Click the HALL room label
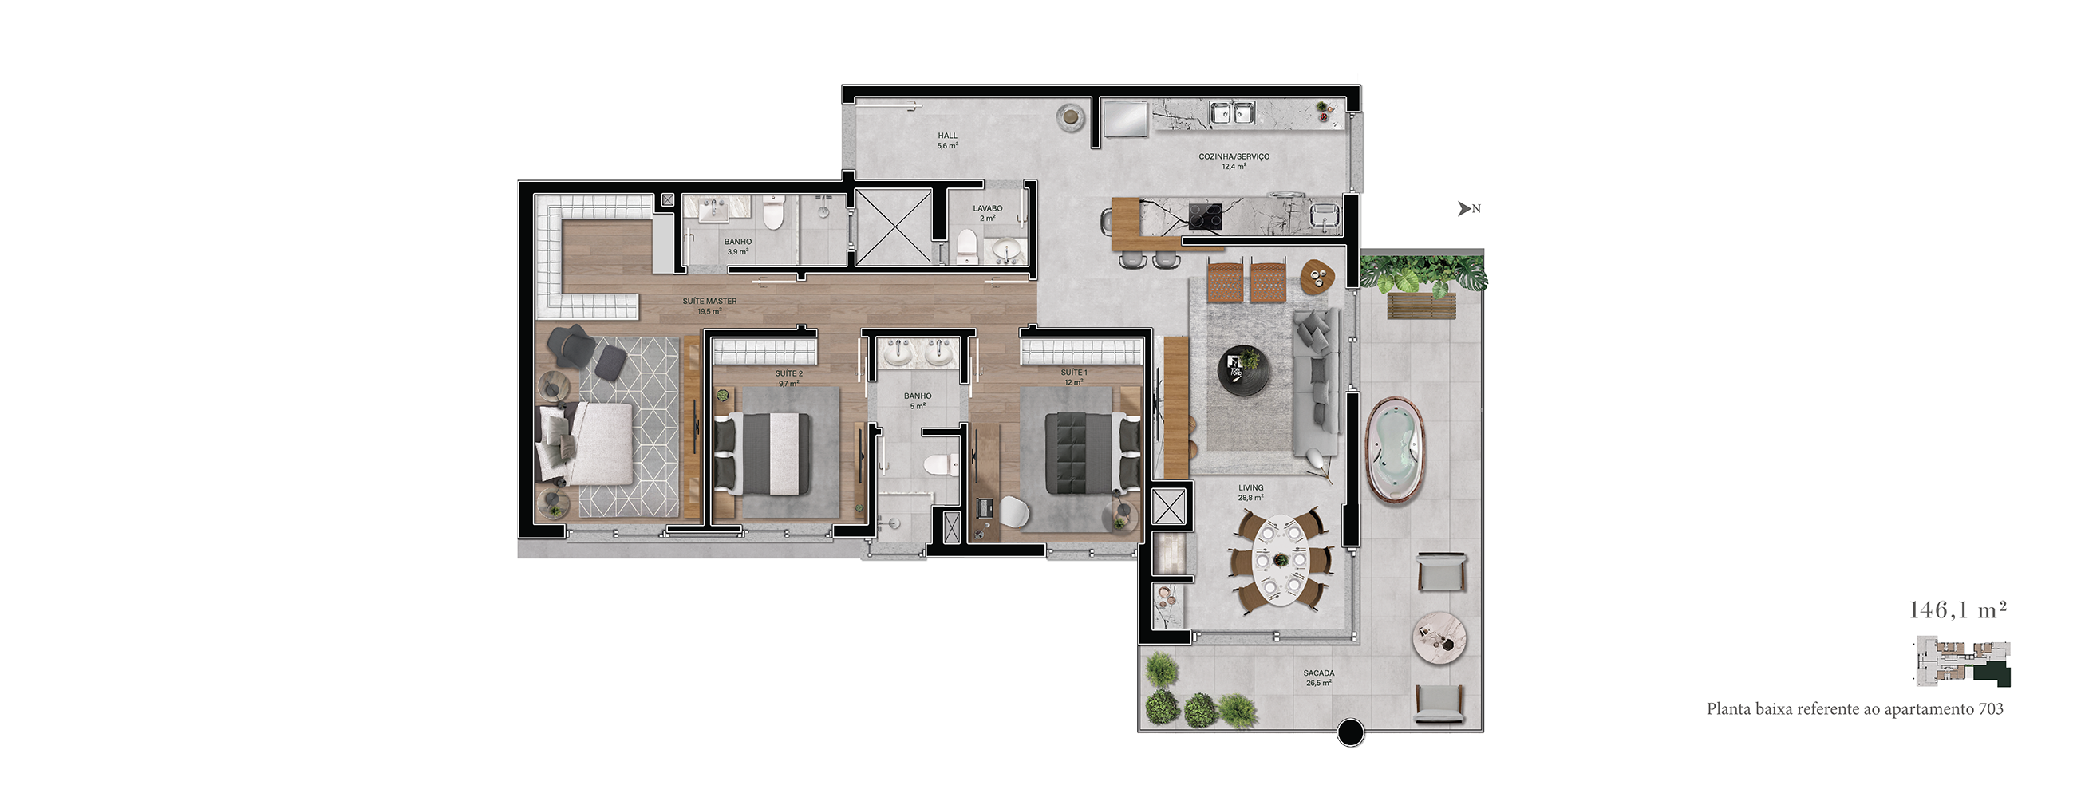(x=947, y=136)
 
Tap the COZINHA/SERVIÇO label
(x=1234, y=157)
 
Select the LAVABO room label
(x=987, y=208)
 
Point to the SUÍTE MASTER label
(x=709, y=302)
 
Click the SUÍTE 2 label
(x=788, y=374)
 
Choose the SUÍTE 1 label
(x=1073, y=373)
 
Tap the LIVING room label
(x=1250, y=487)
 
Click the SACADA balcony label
(x=1319, y=673)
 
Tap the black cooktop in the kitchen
(x=1205, y=216)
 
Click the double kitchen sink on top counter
(x=1231, y=112)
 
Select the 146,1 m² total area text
(x=1958, y=609)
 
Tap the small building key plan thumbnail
(x=1961, y=662)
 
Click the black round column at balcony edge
(x=1350, y=732)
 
